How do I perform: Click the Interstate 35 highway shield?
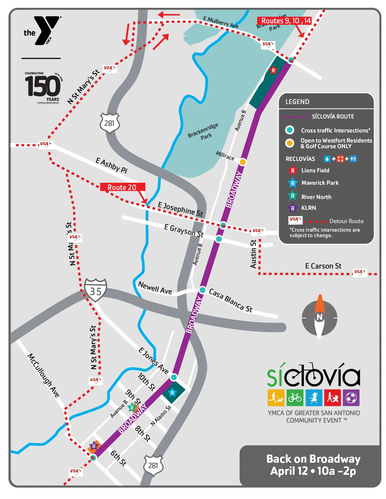pos(95,290)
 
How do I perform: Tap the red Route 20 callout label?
pos(122,187)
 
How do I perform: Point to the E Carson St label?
pos(323,266)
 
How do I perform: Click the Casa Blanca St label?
pos(231,300)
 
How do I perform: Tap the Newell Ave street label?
pos(155,288)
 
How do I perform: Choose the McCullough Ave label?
pos(44,375)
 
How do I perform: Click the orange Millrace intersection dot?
pos(243,162)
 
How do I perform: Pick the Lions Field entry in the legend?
pos(315,171)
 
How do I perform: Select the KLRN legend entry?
pos(308,208)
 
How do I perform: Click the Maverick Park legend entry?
pos(320,183)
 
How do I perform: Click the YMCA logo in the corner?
pos(43,31)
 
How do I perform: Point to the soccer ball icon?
pos(351,397)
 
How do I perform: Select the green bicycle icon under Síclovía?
pos(295,397)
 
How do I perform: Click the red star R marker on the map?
pos(273,70)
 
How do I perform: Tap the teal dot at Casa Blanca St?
pos(203,290)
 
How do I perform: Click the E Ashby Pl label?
pos(111,165)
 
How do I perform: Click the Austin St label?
pos(253,254)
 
